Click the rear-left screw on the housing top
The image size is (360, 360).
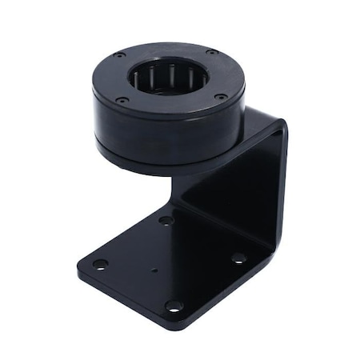coord(120,55)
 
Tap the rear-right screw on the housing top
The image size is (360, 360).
coord(211,53)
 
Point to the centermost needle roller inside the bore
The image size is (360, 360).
coord(169,80)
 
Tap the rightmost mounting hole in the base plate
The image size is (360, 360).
coord(238,258)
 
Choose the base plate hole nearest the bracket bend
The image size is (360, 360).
coord(166,219)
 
